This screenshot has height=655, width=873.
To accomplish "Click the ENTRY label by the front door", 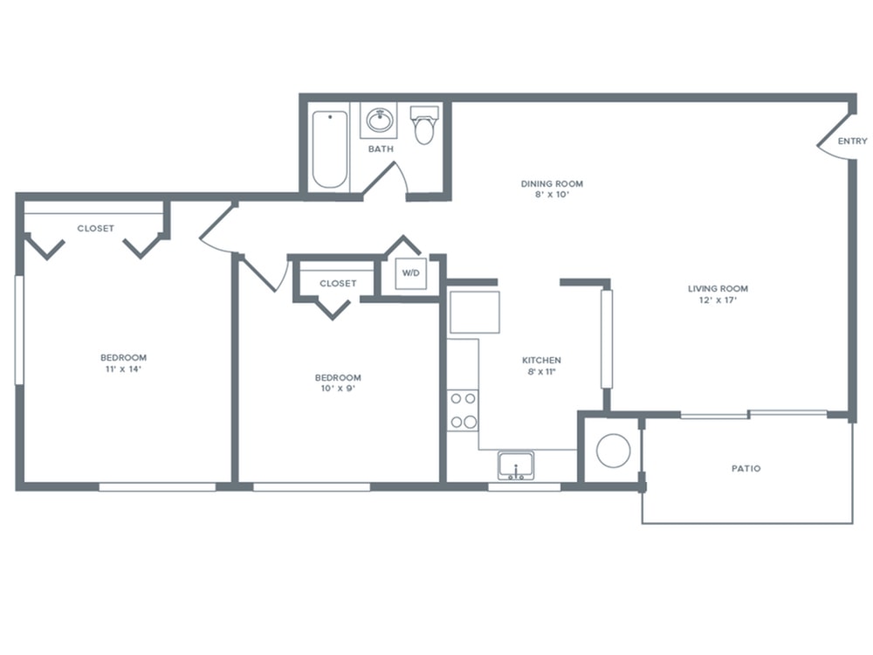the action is click(x=852, y=141).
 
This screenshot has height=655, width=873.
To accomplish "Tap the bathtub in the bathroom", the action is click(x=330, y=149).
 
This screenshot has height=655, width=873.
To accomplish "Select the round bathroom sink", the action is click(x=381, y=120).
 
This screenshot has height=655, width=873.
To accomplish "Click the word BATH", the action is click(x=381, y=148).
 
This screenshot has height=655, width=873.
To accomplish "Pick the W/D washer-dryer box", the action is click(x=411, y=272).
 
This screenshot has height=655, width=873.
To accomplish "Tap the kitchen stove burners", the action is click(x=464, y=410).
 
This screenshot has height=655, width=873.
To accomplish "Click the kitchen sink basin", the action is click(x=516, y=465).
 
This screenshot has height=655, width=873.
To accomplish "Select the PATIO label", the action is click(x=746, y=468).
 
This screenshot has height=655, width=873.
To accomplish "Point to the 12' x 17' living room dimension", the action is click(x=718, y=300).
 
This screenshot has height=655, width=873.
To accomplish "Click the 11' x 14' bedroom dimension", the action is click(x=124, y=369).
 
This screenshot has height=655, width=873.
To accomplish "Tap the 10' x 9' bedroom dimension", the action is click(x=338, y=389).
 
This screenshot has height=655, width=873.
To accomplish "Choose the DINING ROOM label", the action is click(x=552, y=183).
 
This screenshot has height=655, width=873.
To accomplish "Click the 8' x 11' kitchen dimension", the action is click(x=542, y=371).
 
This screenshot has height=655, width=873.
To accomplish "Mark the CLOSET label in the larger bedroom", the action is click(x=96, y=228).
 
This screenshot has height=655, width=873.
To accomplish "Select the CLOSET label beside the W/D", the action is click(x=338, y=284).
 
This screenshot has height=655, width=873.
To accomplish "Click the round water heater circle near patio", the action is click(x=614, y=450).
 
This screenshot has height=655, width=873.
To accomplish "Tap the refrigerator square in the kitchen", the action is click(x=474, y=312).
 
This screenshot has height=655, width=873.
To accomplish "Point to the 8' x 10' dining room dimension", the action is click(x=552, y=195).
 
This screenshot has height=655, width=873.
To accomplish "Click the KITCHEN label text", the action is click(x=542, y=361).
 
